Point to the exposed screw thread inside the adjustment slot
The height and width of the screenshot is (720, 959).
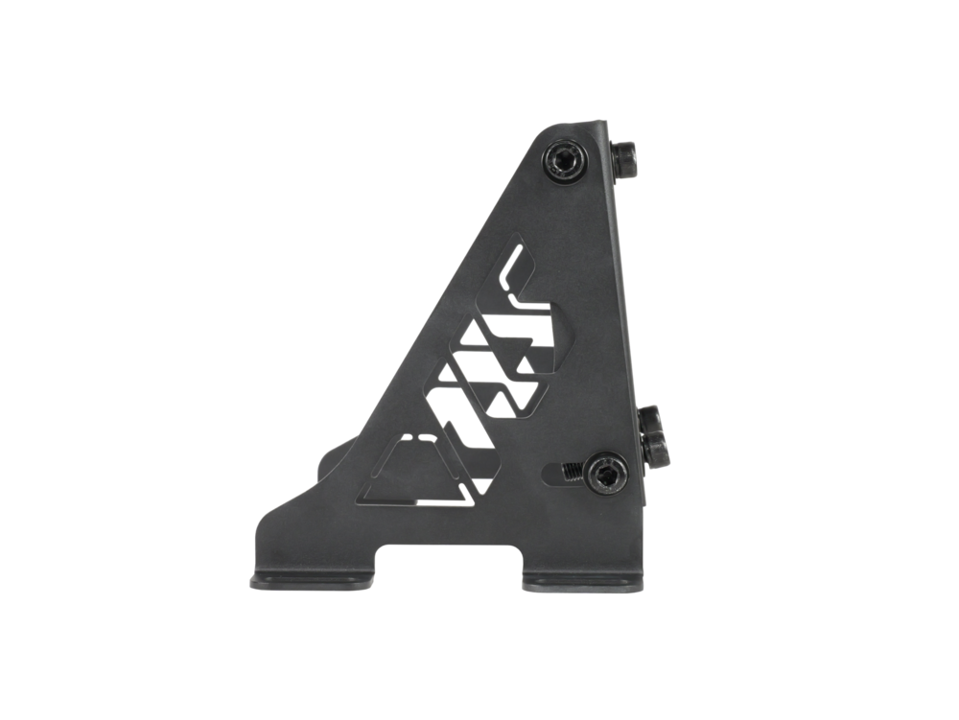pyautogui.click(x=571, y=470)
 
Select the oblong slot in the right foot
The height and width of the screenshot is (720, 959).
pyautogui.click(x=575, y=583)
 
